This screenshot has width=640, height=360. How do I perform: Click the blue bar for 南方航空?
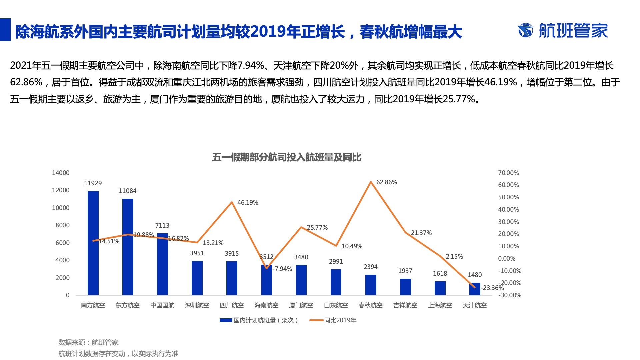[93, 243]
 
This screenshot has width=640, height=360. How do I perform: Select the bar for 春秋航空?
[371, 285]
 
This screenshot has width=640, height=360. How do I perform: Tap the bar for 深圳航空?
[197, 278]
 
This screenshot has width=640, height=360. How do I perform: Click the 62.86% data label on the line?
[387, 182]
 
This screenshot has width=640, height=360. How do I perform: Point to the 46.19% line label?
[248, 203]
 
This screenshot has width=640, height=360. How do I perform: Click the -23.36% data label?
[492, 288]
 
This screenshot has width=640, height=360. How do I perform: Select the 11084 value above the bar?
[128, 191]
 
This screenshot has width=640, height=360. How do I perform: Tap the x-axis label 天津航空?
[475, 305]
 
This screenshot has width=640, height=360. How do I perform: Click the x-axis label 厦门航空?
[301, 305]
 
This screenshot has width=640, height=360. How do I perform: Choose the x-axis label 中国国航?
[162, 305]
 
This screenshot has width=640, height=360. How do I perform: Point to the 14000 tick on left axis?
[61, 173]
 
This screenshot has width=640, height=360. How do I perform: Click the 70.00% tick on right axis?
[508, 173]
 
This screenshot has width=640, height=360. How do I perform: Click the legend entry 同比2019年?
[333, 320]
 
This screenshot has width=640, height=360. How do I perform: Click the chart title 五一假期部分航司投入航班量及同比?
[287, 157]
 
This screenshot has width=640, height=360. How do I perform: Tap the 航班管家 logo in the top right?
[563, 31]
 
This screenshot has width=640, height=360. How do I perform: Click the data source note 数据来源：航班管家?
[88, 342]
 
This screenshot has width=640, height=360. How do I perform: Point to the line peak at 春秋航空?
[371, 182]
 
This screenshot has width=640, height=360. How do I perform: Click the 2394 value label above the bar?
[371, 267]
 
